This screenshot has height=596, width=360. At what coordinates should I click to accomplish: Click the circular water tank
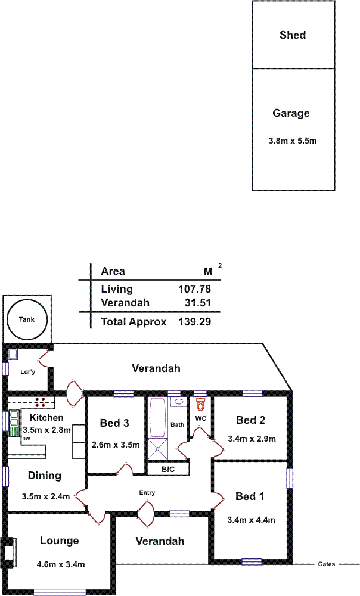point(26,320)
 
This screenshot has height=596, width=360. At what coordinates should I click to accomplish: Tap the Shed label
point(293,35)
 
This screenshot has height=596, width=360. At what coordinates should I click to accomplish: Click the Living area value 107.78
point(195,289)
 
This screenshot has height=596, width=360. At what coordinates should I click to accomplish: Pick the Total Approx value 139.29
point(195,322)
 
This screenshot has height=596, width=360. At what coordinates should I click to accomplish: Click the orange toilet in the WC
point(200,405)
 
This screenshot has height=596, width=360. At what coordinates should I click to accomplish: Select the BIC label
point(168,470)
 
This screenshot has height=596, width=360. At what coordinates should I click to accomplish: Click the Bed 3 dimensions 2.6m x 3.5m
point(116,445)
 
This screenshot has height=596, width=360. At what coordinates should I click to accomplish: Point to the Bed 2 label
point(250,420)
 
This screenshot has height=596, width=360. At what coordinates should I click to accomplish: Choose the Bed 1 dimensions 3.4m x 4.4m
point(251,520)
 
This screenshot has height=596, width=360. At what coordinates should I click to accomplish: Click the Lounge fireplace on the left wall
point(10,549)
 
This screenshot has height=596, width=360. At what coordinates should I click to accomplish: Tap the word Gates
point(326,564)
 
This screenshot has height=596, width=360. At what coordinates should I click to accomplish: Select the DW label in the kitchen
point(26,439)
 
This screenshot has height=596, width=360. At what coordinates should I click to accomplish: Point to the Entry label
point(147,493)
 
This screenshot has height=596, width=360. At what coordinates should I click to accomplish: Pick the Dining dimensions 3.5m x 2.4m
point(45,496)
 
